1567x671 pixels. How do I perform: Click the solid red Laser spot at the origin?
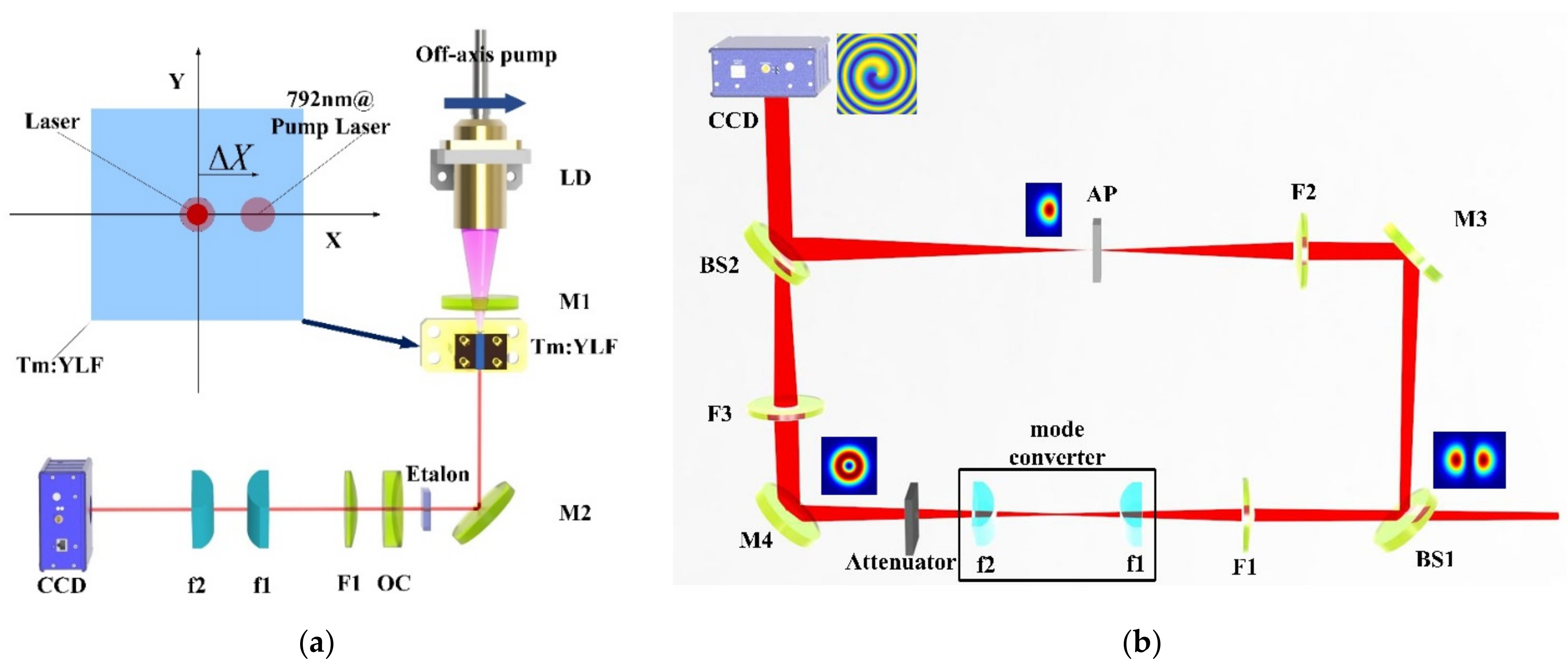point(197,214)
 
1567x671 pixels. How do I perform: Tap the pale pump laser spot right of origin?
point(258,214)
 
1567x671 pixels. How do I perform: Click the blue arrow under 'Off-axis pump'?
point(484,103)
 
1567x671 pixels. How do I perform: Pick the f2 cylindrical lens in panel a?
point(202,509)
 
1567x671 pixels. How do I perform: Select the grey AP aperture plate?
point(1096,250)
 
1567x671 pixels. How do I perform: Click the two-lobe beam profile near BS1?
point(1469,460)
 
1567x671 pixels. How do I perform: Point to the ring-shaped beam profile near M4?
point(849,465)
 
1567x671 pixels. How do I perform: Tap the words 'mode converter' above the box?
point(1057,443)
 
